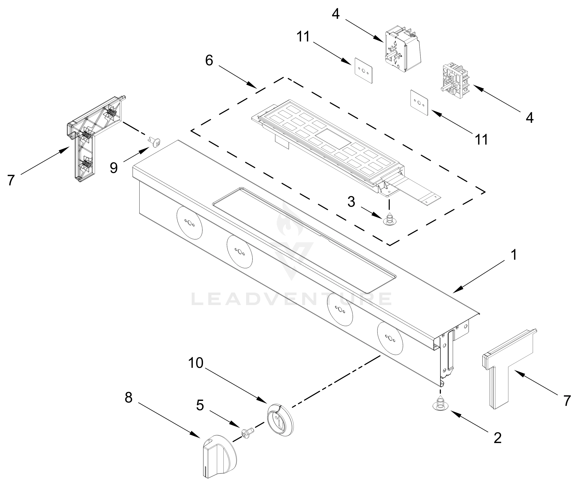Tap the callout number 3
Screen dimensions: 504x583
351,202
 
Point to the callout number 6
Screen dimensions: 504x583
209,61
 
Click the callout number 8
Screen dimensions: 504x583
128,398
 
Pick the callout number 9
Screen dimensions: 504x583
114,168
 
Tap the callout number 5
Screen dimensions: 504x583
200,405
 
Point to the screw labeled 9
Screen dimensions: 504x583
154,141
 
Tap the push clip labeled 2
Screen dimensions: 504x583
440,404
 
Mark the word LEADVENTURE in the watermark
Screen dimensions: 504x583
291,299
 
